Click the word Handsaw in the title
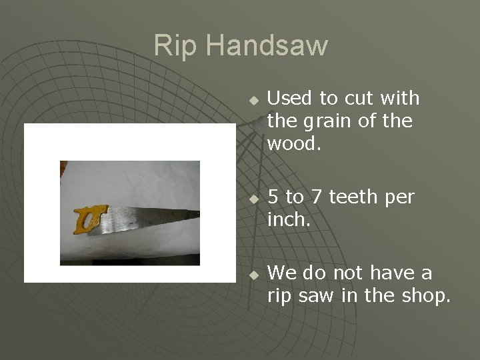click(x=267, y=46)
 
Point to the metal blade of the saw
click(x=153, y=217)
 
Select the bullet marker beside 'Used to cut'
click(x=253, y=100)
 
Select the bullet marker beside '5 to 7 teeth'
click(x=253, y=199)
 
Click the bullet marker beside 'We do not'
click(x=253, y=275)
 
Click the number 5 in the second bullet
click(x=272, y=197)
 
